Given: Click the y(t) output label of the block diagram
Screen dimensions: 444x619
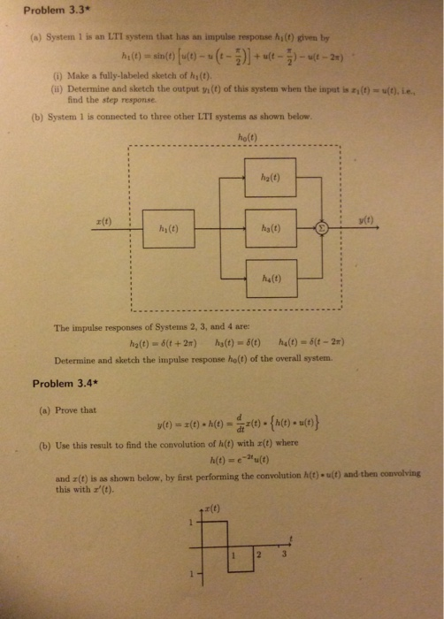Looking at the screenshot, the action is pyautogui.click(x=366, y=219).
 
